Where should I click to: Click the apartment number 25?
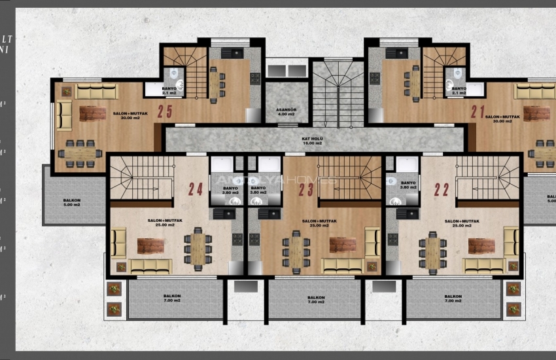point(165,111)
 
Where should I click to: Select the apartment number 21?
point(478,111)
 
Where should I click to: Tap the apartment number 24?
point(196,189)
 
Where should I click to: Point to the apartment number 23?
point(307,189)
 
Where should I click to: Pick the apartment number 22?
point(442,189)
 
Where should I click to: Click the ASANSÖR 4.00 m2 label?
point(286,112)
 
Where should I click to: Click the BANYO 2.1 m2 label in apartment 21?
point(459,90)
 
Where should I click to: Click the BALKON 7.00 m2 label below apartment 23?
point(316,300)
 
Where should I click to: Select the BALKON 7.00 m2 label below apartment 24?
point(172,298)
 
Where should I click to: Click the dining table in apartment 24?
point(198,248)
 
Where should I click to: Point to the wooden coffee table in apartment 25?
point(92,113)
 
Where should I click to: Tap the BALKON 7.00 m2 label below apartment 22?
point(452,300)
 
